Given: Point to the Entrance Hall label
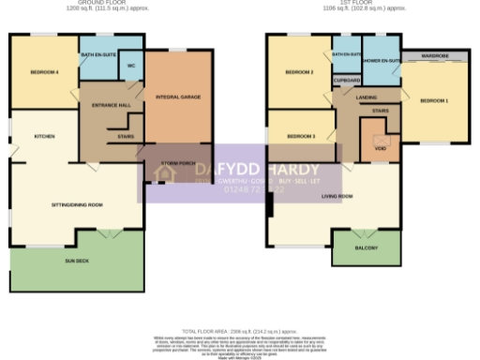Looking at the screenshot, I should [110, 106].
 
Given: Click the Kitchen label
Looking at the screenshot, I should [43, 136].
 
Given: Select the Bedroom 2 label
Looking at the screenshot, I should [298, 72].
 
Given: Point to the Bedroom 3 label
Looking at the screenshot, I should [301, 136].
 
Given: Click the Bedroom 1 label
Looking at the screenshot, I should [433, 100].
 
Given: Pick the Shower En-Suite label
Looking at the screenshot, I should [382, 61].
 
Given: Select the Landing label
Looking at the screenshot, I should [367, 97].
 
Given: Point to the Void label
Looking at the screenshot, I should [380, 148].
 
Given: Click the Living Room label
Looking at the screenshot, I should [337, 196].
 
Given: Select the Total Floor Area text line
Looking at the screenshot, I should [240, 331].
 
